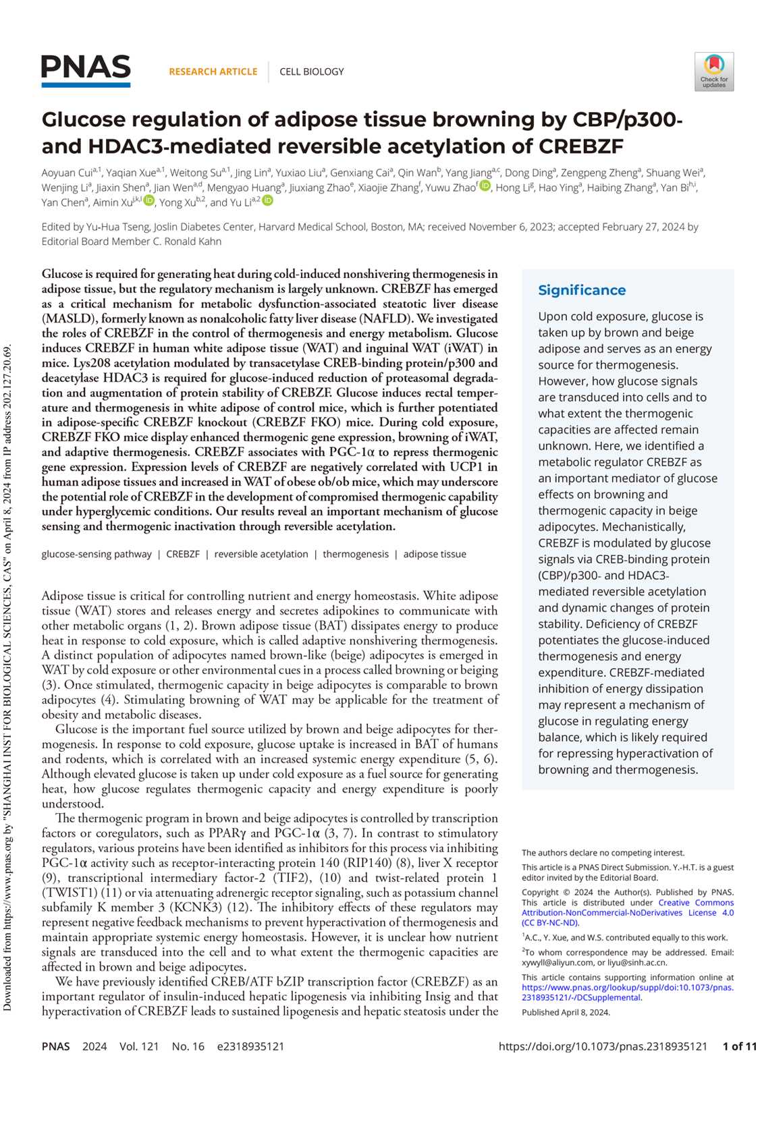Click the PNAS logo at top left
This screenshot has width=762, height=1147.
coord(86,70)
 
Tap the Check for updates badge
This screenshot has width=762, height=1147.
coord(714,72)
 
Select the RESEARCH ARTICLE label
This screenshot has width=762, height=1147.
coord(213,72)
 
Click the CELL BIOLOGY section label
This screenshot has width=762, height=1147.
coord(312,72)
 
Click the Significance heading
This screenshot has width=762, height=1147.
coord(582,290)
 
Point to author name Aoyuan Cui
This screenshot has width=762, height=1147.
coord(67,173)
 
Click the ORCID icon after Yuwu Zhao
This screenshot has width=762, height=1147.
coord(485,186)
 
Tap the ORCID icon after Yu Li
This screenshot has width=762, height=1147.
coord(268,200)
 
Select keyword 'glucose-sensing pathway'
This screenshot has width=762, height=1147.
coord(97,554)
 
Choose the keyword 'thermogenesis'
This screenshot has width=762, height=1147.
coord(356,554)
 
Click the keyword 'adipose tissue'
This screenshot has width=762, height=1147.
coord(435,554)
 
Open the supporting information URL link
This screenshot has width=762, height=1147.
coord(628,992)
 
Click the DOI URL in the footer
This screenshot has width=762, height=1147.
coord(603,1046)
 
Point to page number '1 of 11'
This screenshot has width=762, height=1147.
coord(739,1046)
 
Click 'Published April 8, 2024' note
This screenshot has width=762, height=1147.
coord(566,1012)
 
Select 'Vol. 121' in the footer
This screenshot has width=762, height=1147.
coord(139,1046)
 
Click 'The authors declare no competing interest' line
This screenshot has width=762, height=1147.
coord(603,853)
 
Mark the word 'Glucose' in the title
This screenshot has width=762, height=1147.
coord(84,119)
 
